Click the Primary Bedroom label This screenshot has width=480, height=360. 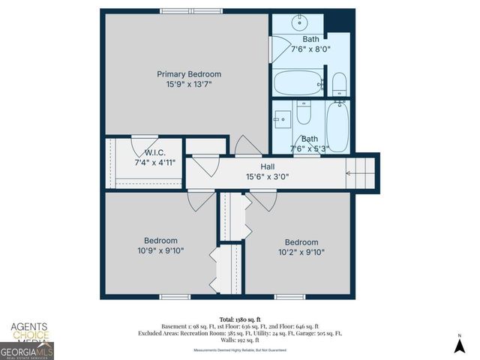coord(189,74)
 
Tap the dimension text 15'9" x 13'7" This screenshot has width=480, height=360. coord(189,85)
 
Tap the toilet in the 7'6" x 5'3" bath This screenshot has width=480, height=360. coord(304,114)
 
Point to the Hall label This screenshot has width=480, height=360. coord(268,166)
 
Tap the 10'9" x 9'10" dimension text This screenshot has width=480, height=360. coord(161,251)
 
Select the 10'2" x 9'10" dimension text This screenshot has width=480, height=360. coord(301,253)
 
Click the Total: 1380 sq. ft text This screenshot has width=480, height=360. coord(240,319)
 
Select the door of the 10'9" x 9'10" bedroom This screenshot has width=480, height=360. coord(200,199)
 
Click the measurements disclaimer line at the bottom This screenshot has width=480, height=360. coord(240,349)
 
